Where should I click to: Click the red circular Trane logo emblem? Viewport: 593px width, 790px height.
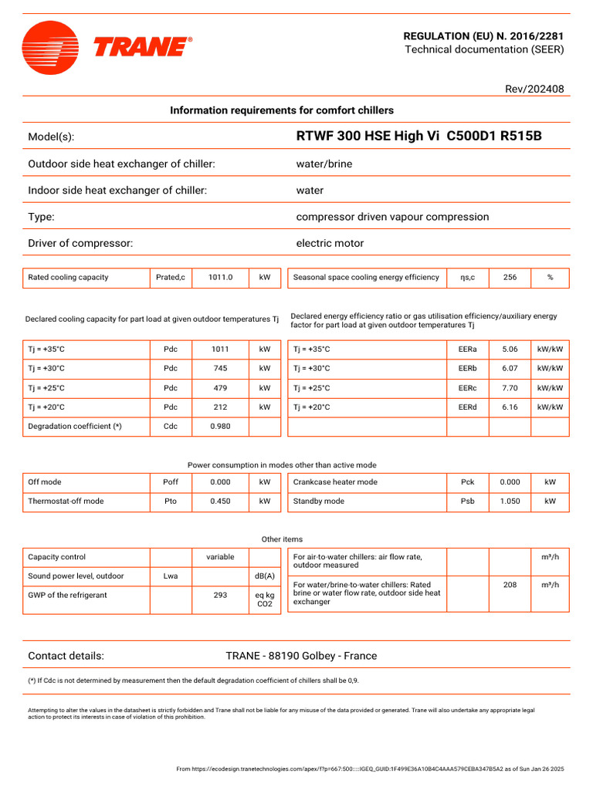[50, 48]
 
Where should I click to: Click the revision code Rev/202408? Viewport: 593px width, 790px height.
[534, 89]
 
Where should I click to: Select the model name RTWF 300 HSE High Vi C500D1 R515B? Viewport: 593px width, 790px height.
[418, 137]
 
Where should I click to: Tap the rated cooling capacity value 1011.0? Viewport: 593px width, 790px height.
[220, 278]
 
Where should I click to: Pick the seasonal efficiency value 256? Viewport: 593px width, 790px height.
[510, 278]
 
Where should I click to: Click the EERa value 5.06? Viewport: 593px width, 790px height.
[510, 349]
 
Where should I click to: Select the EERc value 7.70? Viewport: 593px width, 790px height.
[510, 388]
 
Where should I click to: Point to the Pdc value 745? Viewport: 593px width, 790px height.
[220, 369]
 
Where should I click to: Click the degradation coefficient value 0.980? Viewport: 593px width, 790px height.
[220, 427]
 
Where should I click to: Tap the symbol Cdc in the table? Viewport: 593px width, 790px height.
[171, 427]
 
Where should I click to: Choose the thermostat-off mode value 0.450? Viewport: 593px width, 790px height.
[220, 501]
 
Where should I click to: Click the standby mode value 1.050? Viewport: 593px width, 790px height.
[510, 501]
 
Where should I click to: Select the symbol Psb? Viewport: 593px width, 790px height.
[467, 501]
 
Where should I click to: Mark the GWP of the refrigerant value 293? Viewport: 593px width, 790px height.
[220, 596]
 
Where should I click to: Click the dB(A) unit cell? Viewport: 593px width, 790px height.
[265, 576]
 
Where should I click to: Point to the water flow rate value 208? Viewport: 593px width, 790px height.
[510, 586]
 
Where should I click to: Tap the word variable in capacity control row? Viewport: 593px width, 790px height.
[220, 557]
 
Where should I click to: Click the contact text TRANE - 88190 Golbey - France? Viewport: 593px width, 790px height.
[301, 657]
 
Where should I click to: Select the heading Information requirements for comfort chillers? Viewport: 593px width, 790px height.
[282, 110]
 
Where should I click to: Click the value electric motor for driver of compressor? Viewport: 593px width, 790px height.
[330, 244]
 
